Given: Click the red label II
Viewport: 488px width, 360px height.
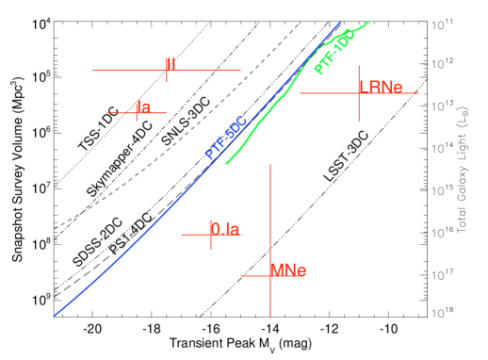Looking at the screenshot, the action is (x=171, y=64).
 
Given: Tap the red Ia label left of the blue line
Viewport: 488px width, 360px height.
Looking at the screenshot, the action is (x=143, y=106).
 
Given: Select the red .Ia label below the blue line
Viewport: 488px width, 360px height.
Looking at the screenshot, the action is (x=224, y=228).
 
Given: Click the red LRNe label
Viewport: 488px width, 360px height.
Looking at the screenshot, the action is (x=381, y=87).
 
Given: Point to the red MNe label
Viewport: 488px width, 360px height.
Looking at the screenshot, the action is (x=288, y=270).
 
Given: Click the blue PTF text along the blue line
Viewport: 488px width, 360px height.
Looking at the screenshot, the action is (x=226, y=138).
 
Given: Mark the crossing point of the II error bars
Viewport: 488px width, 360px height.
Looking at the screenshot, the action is (x=167, y=70).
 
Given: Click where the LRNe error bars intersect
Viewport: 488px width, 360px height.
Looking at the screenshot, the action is (x=358, y=92).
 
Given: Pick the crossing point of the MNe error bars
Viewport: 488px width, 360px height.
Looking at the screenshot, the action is (x=270, y=275).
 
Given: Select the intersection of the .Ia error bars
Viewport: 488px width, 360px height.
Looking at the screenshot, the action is (x=211, y=235).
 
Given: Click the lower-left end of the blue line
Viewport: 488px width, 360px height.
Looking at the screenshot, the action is (x=55, y=316).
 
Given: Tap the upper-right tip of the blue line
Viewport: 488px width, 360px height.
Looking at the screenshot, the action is (x=341, y=22).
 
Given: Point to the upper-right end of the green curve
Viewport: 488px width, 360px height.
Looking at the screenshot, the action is (x=369, y=22).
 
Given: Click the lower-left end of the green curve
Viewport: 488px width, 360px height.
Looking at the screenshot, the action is (x=225, y=164).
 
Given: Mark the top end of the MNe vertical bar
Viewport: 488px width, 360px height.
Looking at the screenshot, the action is (x=270, y=164).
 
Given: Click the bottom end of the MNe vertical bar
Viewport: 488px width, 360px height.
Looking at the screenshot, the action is (x=270, y=317).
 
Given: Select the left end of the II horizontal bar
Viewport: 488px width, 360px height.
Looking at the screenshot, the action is (x=91, y=70).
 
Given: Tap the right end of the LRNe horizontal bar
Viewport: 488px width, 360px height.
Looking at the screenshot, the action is (x=418, y=92).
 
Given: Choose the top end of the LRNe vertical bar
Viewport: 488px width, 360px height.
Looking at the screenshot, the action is (x=358, y=66).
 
